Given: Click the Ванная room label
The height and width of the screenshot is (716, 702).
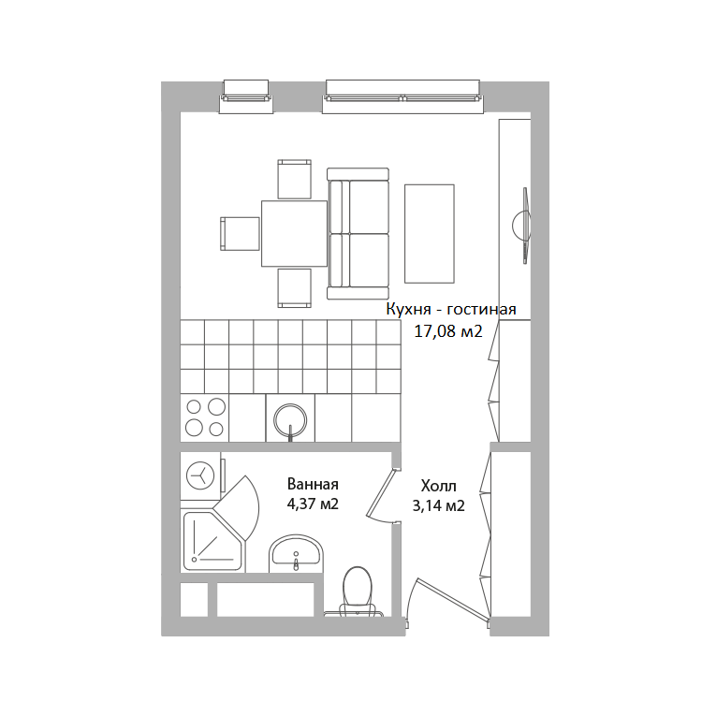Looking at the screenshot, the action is coord(313,484).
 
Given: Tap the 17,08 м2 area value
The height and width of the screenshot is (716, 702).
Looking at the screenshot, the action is coord(448,331).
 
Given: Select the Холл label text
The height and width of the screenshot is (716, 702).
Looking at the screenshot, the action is coord(438,486).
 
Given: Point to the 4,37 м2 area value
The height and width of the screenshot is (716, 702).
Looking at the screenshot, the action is coord(313,504).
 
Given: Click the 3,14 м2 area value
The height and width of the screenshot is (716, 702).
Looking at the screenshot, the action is coord(438,505).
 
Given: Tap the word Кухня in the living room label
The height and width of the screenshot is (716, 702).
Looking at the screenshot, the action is coord(408,310).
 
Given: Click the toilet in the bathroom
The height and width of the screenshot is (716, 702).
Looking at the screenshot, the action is coord(358,592).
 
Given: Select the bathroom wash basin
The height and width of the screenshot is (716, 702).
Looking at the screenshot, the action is coord(296,553).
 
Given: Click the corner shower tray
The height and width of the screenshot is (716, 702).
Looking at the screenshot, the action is coord(213,541).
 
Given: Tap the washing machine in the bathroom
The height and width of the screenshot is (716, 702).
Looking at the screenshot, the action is coord(201,475).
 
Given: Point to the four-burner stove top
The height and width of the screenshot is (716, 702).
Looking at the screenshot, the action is coord(205,417).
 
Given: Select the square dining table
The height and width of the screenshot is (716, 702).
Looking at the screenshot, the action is coord(294,233).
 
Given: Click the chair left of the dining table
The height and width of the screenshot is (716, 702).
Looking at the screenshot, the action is coord(240,233).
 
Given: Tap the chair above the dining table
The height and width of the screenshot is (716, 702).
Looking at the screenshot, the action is coord(295,179).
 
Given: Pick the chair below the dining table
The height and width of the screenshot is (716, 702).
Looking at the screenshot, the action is coord(295,287).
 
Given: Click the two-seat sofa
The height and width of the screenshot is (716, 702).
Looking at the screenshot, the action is coord(358,233).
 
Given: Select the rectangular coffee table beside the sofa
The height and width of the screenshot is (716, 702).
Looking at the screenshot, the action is coord(430,234).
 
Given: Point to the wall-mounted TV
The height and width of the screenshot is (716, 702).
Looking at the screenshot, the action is coord(523,226).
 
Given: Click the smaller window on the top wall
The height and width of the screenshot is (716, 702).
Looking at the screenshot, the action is coord(246,96).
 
